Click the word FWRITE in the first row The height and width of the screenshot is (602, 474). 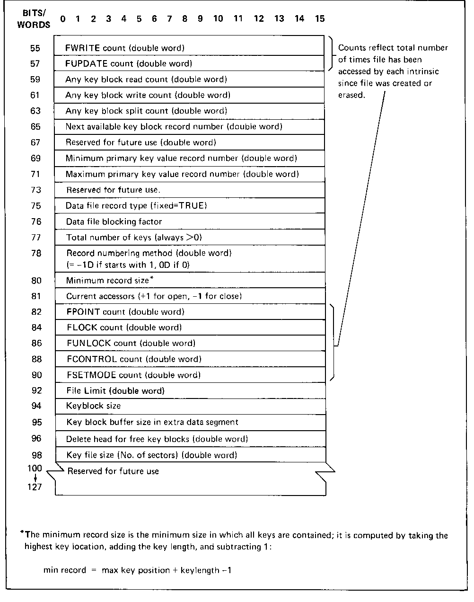[x=82, y=48]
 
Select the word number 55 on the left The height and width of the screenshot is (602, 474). [x=35, y=48]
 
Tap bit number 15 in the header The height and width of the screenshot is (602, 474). [x=320, y=19]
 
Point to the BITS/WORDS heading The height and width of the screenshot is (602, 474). [x=34, y=19]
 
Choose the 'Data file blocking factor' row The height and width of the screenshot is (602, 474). [x=114, y=221]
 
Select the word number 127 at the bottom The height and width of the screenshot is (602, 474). [x=35, y=487]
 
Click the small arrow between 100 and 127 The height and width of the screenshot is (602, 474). [x=35, y=478]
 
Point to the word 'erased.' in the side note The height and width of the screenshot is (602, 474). [x=351, y=95]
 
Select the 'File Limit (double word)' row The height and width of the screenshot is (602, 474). [x=115, y=391]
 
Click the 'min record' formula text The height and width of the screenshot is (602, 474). [x=137, y=570]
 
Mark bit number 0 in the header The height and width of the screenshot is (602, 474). [x=63, y=19]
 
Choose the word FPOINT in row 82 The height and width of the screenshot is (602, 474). [x=83, y=312]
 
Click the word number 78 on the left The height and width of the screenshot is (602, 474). [x=36, y=254]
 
